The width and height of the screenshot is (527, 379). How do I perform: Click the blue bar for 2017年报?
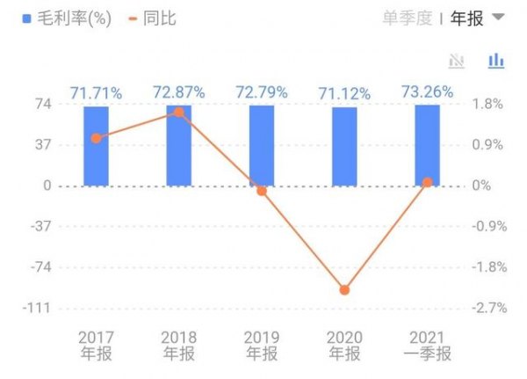(x=97, y=146)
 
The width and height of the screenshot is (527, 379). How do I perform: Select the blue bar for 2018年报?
(x=179, y=146)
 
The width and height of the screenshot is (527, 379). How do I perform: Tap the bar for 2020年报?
(x=344, y=147)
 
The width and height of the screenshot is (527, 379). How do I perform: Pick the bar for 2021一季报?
(x=427, y=146)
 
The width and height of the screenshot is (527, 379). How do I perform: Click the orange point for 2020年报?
(x=344, y=289)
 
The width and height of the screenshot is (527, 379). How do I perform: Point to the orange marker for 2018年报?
(x=179, y=112)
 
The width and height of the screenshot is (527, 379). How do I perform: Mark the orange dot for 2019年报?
(x=262, y=190)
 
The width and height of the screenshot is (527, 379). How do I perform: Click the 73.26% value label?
(x=427, y=91)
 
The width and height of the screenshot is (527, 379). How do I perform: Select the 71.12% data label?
(x=343, y=91)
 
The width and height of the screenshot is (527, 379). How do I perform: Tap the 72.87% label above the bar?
(x=179, y=91)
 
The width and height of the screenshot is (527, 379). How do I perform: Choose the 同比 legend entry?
(x=154, y=18)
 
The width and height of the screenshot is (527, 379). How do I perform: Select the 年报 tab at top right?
(x=466, y=18)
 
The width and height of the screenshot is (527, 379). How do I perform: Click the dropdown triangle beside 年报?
(x=498, y=18)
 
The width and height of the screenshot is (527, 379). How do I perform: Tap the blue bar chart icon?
(x=496, y=61)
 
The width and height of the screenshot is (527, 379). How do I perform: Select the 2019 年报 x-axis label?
(x=262, y=346)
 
